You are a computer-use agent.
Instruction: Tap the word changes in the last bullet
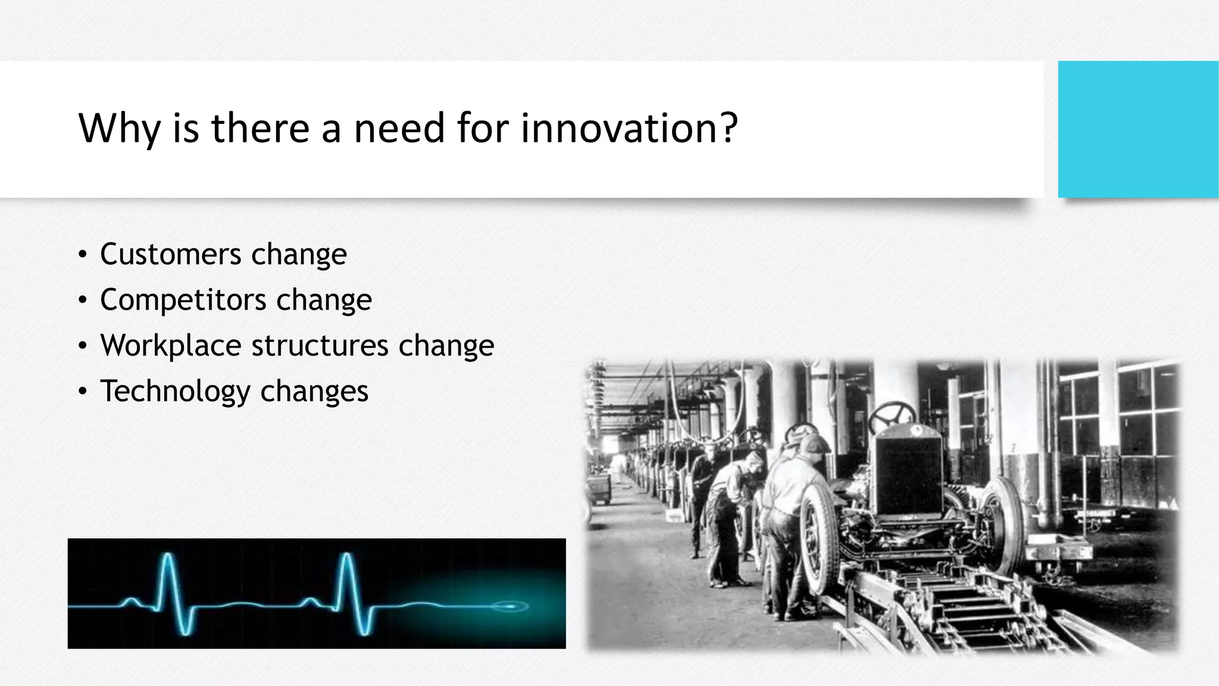click(314, 391)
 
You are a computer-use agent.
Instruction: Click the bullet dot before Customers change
click(83, 255)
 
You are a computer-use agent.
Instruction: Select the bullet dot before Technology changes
click(83, 392)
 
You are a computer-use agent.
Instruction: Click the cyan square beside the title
click(1137, 129)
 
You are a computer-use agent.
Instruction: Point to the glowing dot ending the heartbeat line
click(511, 606)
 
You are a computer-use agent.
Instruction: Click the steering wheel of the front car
click(892, 414)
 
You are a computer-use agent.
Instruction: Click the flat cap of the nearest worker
click(815, 443)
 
